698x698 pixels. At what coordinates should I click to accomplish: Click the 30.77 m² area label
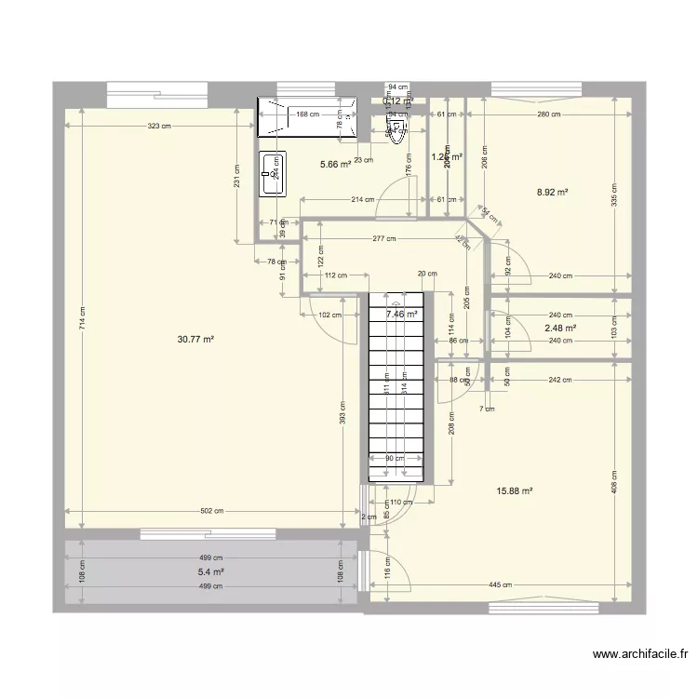coord(195,340)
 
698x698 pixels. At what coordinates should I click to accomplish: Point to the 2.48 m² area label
coord(560,328)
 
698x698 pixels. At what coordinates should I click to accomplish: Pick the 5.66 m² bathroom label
coord(335,164)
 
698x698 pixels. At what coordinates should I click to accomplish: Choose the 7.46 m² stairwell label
coord(400,315)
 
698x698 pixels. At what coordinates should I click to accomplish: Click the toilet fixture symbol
coord(401,138)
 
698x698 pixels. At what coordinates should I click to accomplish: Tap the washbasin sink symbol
coord(274,173)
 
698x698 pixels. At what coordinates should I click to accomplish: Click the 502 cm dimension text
coord(212,510)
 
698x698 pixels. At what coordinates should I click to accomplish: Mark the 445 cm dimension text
coord(501,584)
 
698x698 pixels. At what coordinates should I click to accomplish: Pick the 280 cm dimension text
coord(549,114)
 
